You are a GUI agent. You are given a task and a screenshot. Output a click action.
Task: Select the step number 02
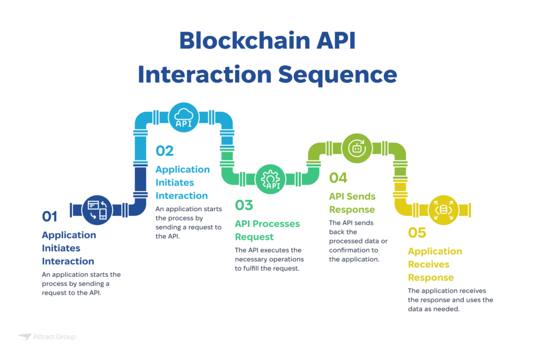(165, 150)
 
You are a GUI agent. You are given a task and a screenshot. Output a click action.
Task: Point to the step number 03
(244, 205)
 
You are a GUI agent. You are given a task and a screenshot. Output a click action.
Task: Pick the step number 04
(338, 178)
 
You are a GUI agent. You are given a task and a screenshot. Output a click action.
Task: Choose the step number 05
(417, 233)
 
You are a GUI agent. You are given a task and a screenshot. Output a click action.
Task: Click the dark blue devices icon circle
(98, 210)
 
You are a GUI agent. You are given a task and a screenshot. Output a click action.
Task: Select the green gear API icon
(271, 179)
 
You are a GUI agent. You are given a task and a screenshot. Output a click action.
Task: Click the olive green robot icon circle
(357, 148)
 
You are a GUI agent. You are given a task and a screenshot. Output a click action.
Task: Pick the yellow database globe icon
(444, 210)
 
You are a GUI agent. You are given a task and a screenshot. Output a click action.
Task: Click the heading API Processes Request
(267, 230)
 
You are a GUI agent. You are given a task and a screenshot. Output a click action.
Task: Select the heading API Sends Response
(352, 203)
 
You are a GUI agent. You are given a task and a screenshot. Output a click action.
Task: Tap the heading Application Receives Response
(435, 264)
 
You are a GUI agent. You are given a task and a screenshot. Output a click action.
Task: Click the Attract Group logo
(46, 337)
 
